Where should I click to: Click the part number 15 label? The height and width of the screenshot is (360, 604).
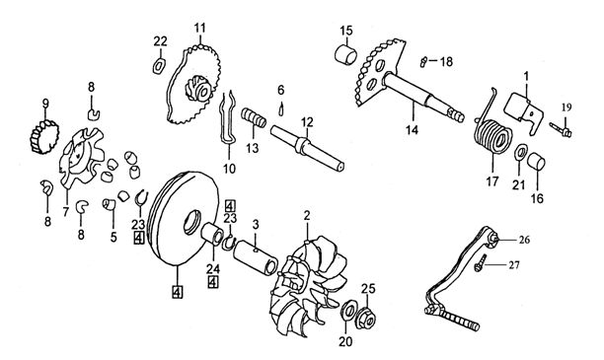(x=346, y=31)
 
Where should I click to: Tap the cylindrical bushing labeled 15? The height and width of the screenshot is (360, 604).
(x=345, y=55)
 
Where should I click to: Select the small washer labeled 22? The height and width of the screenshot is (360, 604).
(x=159, y=65)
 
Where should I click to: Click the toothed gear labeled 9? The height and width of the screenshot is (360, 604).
(x=44, y=137)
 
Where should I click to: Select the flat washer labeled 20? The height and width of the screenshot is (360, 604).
(x=348, y=310)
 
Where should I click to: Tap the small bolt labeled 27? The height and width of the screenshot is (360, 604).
(x=480, y=263)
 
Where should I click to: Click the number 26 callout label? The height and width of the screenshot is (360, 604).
(x=523, y=240)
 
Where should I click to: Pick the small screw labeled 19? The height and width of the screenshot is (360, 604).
(x=561, y=130)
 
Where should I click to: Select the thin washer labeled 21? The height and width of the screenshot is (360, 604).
(x=520, y=152)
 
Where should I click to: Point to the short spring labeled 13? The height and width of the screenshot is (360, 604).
(x=254, y=117)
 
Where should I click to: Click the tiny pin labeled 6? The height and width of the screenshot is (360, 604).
(x=281, y=108)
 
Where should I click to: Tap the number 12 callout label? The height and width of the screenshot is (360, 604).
(x=307, y=122)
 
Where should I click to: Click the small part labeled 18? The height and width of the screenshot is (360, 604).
(x=423, y=61)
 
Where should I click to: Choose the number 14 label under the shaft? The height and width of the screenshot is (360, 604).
(x=412, y=130)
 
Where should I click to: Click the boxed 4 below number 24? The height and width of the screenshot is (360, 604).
(x=212, y=282)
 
